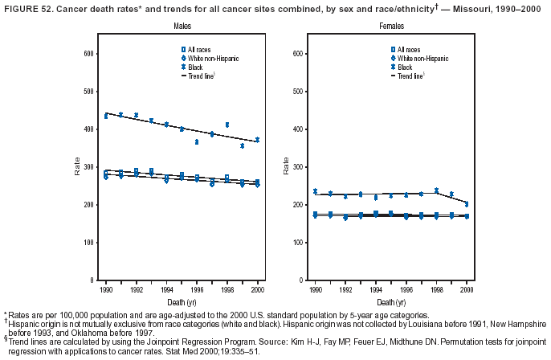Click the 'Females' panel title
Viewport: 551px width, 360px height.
pos(369,27)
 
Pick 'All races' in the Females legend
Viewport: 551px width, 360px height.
pos(409,51)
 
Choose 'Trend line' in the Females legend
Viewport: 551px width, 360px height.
pos(413,76)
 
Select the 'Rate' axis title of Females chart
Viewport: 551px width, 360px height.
pos(286,167)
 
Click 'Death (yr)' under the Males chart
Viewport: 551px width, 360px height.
pos(182,301)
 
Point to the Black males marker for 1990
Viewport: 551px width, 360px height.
pos(106,117)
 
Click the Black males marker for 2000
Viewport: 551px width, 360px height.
pos(257,140)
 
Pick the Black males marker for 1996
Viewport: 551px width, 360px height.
pos(197,141)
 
